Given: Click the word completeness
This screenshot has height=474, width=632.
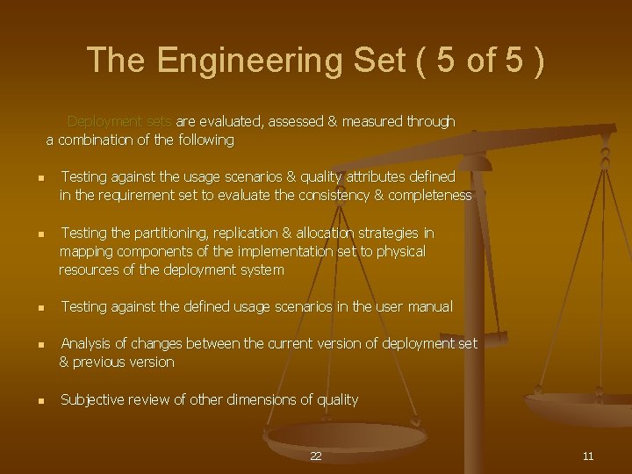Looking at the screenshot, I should click(x=429, y=196).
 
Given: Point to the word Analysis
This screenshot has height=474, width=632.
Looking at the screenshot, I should click(x=88, y=343).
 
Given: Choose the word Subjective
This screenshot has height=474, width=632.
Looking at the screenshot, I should click(x=92, y=399).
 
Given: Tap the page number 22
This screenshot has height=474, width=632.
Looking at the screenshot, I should click(x=316, y=456).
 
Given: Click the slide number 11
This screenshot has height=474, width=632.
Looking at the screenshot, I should click(x=588, y=456).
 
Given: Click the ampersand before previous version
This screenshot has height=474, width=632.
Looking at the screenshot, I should click(x=65, y=362).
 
